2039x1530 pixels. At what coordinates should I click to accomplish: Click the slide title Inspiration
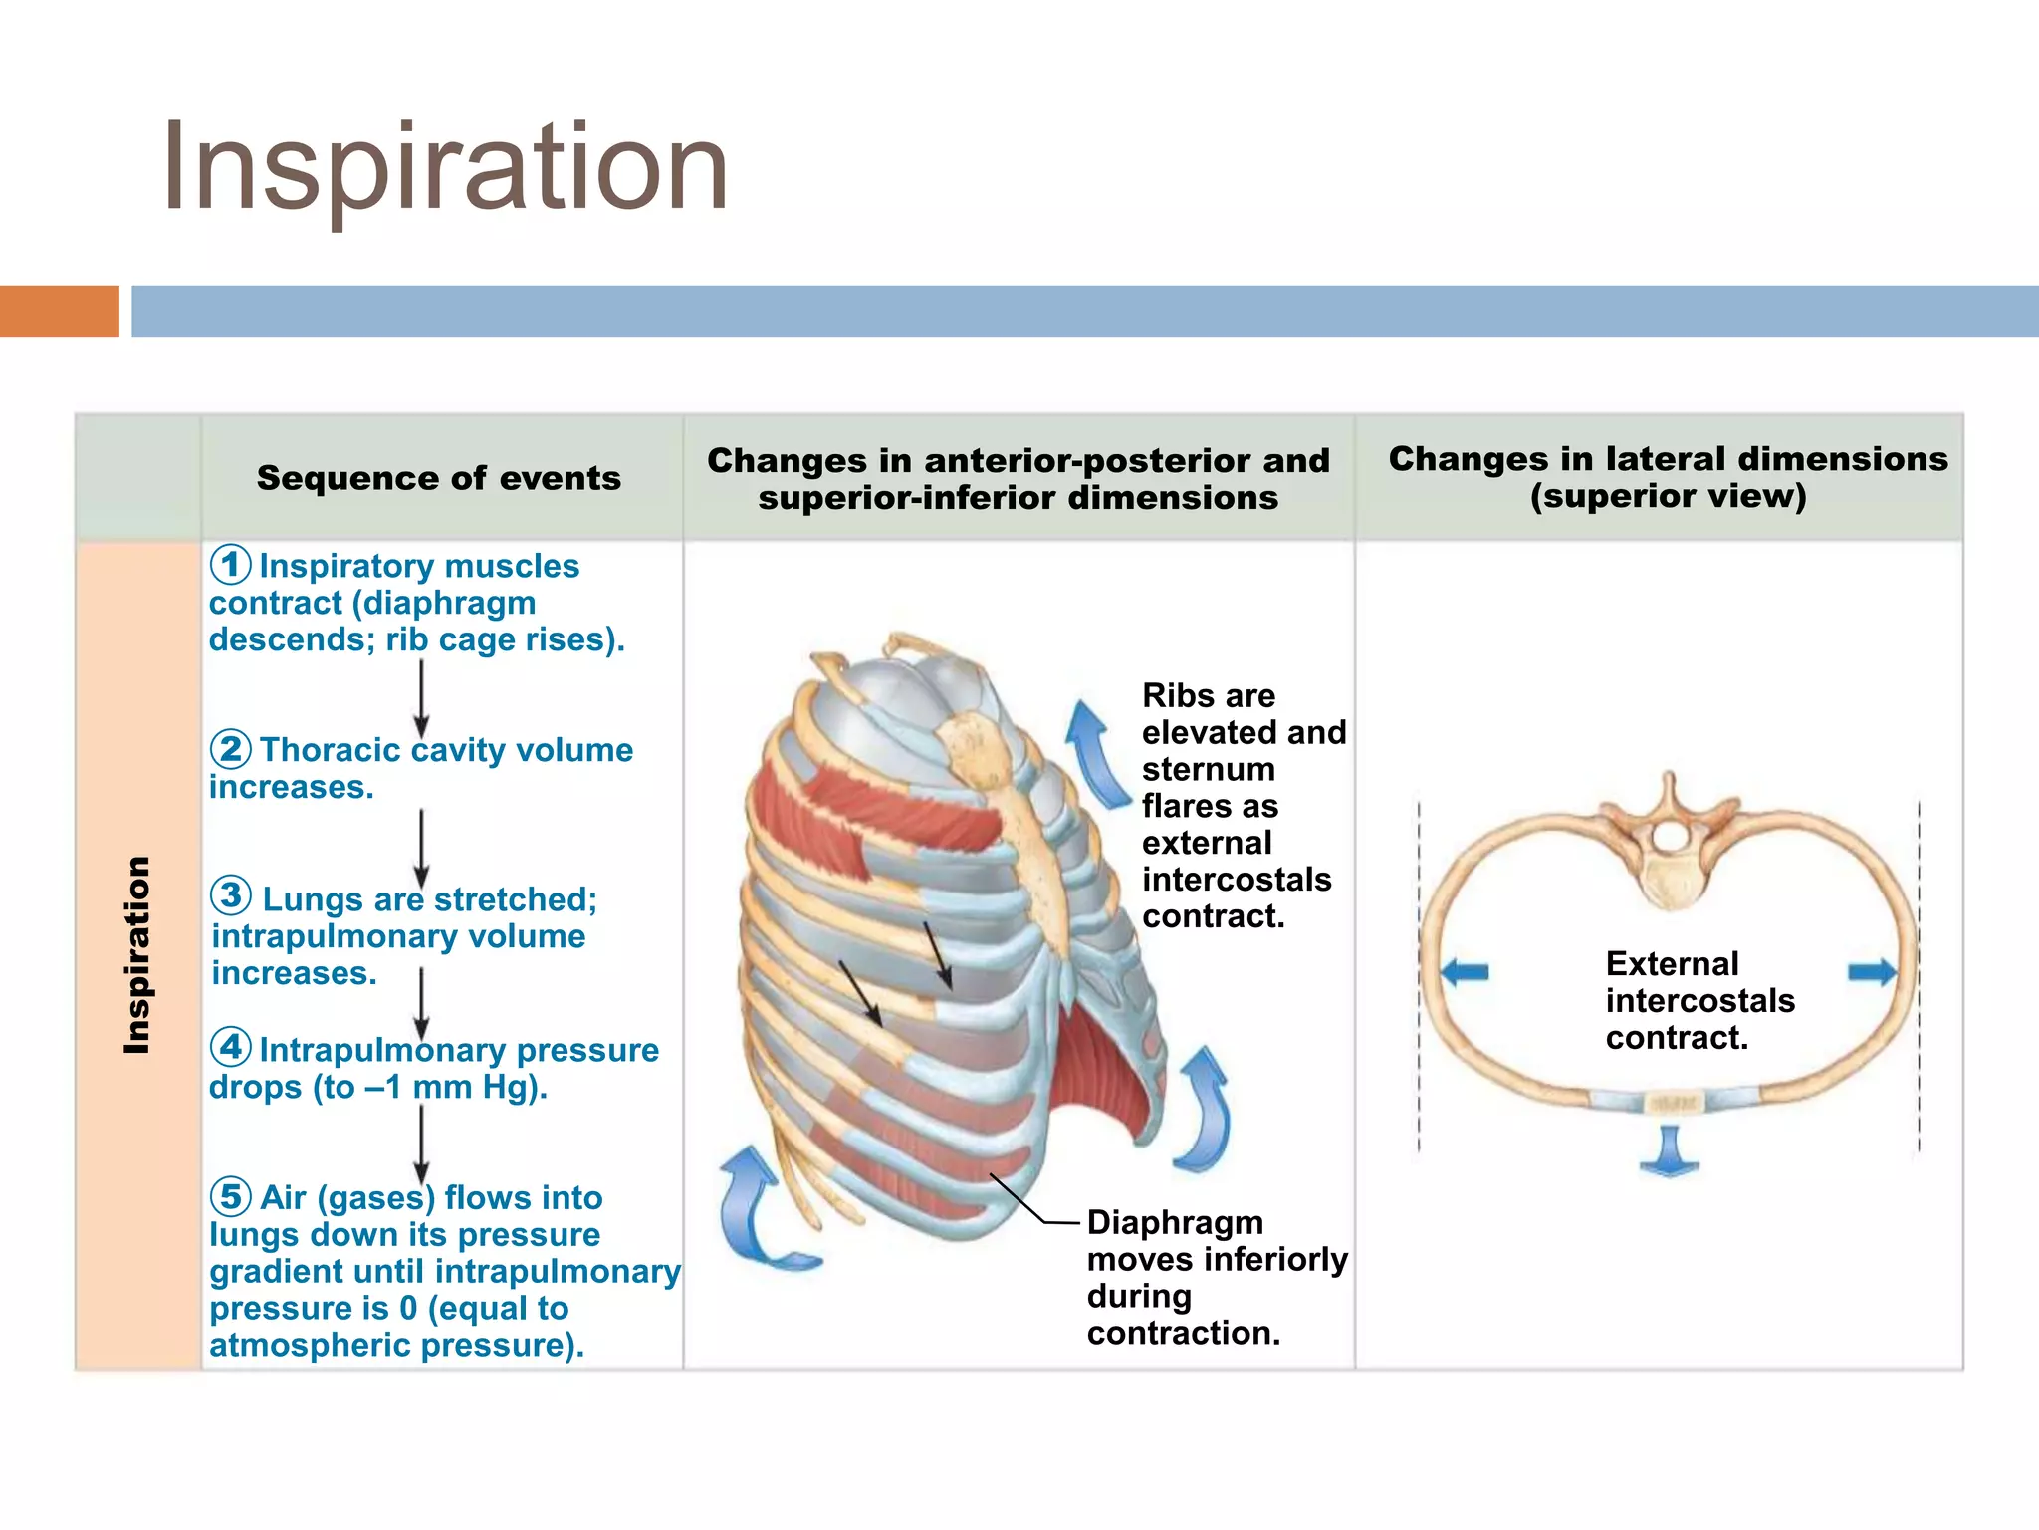tap(444, 167)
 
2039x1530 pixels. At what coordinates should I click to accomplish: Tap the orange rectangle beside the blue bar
tap(59, 311)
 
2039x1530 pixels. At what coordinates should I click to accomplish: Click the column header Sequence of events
tap(439, 478)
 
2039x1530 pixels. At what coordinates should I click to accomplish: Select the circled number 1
tap(230, 565)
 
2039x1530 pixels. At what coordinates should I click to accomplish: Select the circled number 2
tap(230, 748)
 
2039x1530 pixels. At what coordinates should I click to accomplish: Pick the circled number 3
tap(231, 895)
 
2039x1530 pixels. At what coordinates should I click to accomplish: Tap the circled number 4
tap(230, 1047)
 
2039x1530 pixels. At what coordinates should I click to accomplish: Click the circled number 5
tap(230, 1195)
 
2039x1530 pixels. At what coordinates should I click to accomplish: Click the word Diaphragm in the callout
tap(1175, 1223)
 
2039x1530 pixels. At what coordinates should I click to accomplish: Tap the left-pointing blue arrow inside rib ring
tap(1465, 971)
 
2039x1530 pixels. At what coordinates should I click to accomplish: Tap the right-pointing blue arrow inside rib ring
tap(1872, 971)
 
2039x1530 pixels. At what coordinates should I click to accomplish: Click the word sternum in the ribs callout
tap(1208, 770)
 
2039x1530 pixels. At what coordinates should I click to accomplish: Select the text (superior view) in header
tap(1668, 496)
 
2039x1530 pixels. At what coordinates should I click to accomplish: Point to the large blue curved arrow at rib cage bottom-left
tap(757, 1210)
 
